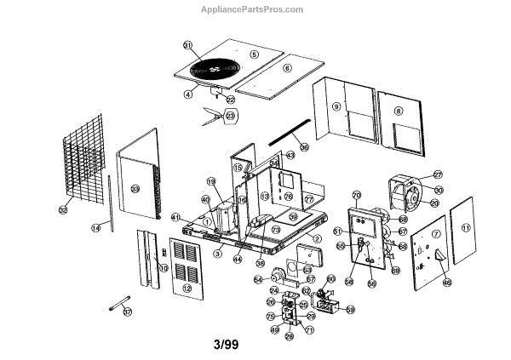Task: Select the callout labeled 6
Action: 287,68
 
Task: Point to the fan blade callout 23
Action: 230,115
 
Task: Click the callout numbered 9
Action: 336,106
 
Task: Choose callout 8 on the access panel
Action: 399,111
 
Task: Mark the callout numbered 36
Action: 303,146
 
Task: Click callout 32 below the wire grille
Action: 62,209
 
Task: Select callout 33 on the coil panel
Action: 135,189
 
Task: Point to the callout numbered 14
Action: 96,227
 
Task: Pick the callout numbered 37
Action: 128,312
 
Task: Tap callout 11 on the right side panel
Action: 465,228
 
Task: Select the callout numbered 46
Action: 447,283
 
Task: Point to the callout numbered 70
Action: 357,195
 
